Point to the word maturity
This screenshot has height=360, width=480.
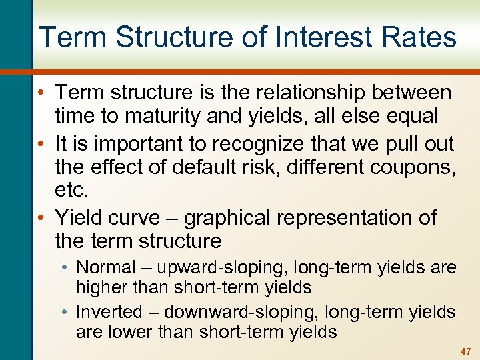click(x=137, y=115)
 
